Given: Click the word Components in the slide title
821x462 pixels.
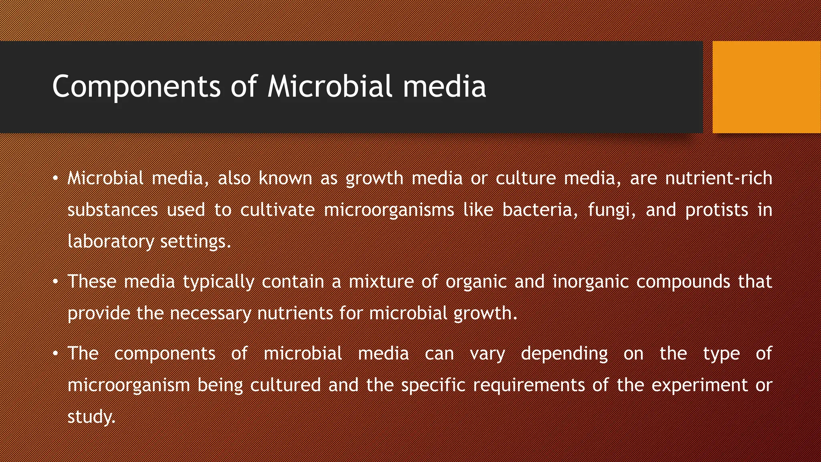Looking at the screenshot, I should pos(136,87).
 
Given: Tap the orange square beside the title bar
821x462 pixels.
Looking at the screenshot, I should pos(766,87).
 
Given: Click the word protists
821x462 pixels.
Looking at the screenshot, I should pos(716,211).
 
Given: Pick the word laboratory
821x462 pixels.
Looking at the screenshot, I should pos(110,242).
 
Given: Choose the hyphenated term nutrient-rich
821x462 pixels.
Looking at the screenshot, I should pos(718,178).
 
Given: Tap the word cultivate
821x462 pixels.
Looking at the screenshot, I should pos(277,210).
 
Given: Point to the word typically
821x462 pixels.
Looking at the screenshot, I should pos(218,282).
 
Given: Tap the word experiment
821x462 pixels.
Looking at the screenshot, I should pos(700,385).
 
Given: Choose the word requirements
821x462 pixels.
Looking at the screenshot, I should pos(529,385).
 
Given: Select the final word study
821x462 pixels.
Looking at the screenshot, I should pos(91,417).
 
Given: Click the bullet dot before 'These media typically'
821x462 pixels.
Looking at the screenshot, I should pos(56,282).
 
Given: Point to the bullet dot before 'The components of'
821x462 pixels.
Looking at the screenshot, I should pos(56,353).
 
